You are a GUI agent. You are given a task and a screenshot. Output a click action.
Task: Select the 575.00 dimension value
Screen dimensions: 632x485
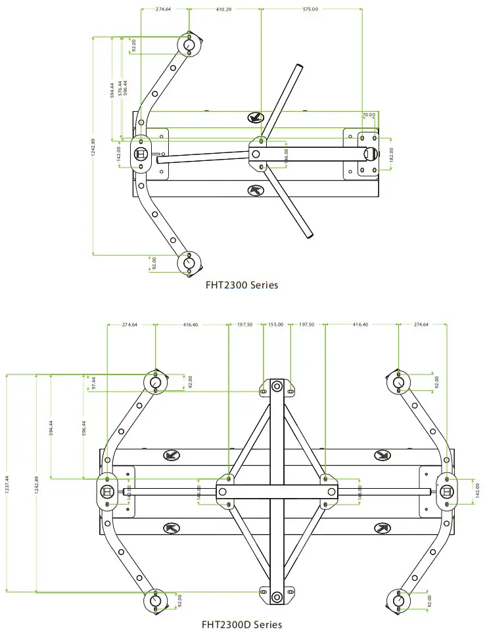coord(310,9)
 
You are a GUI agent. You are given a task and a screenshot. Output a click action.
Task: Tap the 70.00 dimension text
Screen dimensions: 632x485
coord(369,115)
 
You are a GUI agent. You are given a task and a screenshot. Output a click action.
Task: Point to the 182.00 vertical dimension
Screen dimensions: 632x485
coord(391,154)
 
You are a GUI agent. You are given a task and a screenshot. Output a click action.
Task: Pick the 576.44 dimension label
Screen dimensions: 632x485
coord(119,89)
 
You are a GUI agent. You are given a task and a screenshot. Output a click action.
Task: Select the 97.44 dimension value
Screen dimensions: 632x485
coord(93,384)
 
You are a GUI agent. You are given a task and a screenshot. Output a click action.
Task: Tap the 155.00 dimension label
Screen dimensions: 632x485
coord(275,325)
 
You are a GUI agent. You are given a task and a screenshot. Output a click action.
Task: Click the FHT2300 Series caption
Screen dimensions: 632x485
coord(242,285)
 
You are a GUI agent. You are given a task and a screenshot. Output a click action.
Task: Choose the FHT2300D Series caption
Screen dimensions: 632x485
coord(241,623)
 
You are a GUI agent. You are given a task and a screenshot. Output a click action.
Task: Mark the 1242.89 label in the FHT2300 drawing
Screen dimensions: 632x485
coord(93,150)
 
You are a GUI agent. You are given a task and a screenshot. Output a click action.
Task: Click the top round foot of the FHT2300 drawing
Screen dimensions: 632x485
coord(189,45)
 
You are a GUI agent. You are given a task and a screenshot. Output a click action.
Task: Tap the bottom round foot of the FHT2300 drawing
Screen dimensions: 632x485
coord(189,263)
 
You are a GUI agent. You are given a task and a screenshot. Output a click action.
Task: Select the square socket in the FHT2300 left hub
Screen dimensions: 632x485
coord(141,154)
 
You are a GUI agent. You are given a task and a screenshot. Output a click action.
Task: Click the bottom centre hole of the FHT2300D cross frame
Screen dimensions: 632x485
coord(277,597)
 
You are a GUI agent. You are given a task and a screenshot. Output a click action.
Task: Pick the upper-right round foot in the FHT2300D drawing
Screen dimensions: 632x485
coord(399,382)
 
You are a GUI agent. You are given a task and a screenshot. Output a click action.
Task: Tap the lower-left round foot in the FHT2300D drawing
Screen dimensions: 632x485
coord(154,600)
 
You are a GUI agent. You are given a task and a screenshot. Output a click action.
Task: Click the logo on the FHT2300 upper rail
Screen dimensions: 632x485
coord(256,118)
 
